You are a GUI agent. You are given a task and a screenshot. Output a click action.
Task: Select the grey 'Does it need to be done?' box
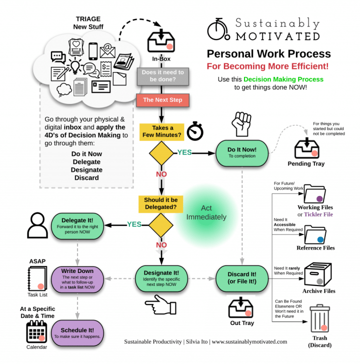pyautogui.click(x=163, y=76)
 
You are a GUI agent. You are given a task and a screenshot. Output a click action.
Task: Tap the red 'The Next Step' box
pyautogui.click(x=162, y=100)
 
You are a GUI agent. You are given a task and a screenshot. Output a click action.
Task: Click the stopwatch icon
pyautogui.click(x=195, y=131)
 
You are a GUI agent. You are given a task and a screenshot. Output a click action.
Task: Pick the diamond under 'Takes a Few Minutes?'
pyautogui.click(x=161, y=153)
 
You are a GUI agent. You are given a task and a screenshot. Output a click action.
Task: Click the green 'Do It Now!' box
pyautogui.click(x=242, y=152)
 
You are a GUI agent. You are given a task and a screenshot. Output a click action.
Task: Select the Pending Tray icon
pyautogui.click(x=305, y=148)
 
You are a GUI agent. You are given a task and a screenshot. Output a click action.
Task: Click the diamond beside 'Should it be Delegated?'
pyautogui.click(x=161, y=224)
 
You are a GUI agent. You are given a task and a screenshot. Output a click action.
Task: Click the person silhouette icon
pyautogui.click(x=37, y=225)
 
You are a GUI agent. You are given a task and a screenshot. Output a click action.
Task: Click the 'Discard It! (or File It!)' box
pyautogui.click(x=242, y=277)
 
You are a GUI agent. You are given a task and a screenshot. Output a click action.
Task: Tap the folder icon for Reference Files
pyautogui.click(x=315, y=234)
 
